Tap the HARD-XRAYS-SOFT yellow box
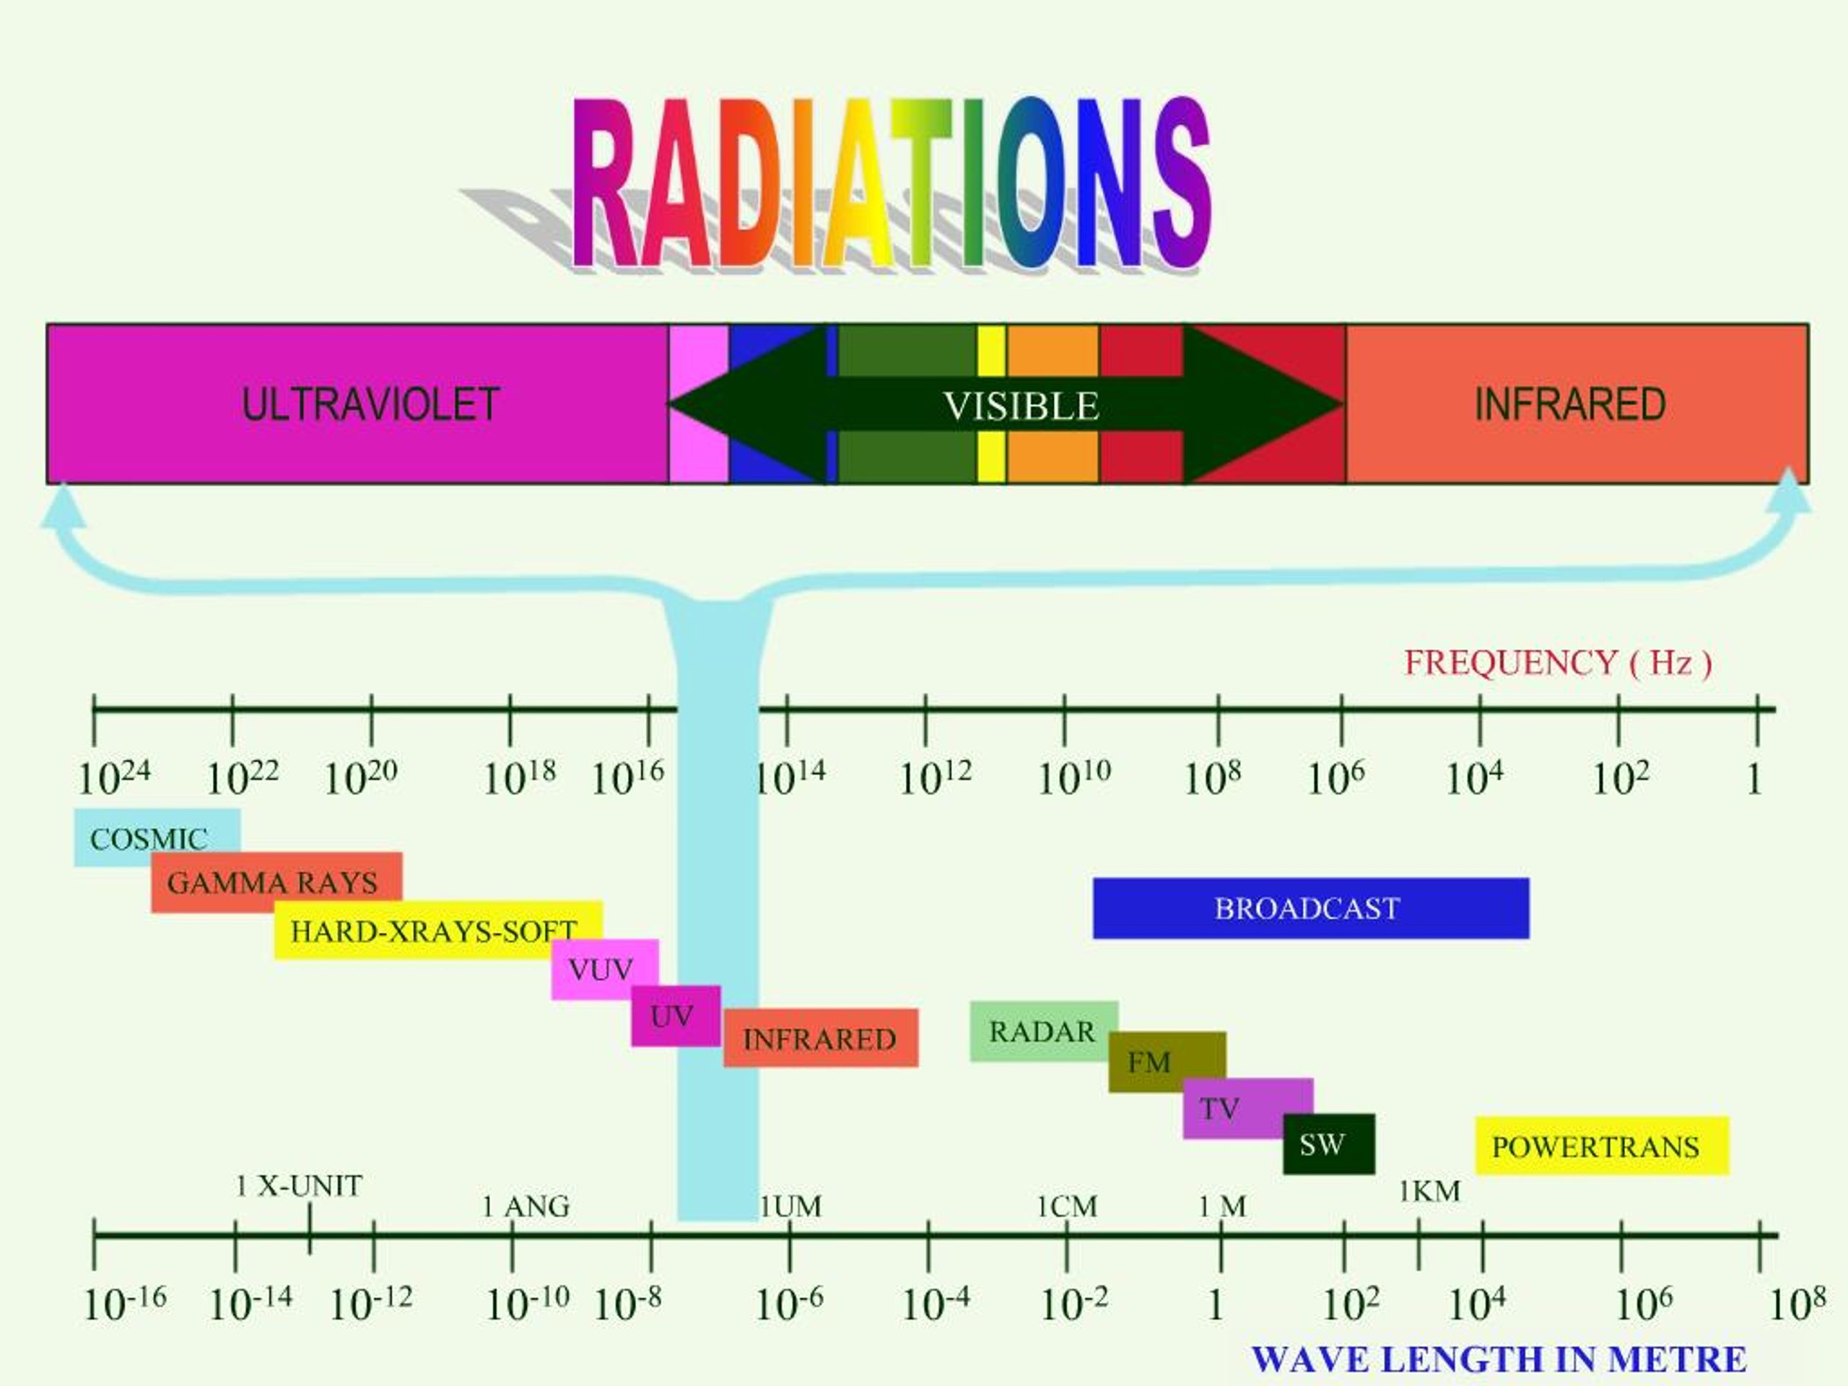[434, 930]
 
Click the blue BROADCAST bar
[1310, 908]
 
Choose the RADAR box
[1042, 1031]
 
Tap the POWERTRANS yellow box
[1600, 1146]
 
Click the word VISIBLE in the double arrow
[1021, 406]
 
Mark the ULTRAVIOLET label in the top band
[371, 404]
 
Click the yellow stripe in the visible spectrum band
[992, 351]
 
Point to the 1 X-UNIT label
[299, 1185]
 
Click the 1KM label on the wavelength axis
[1429, 1191]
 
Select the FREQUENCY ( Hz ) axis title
[1558, 663]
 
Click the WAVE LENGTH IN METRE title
[1499, 1359]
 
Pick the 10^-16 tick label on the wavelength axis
[126, 1302]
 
